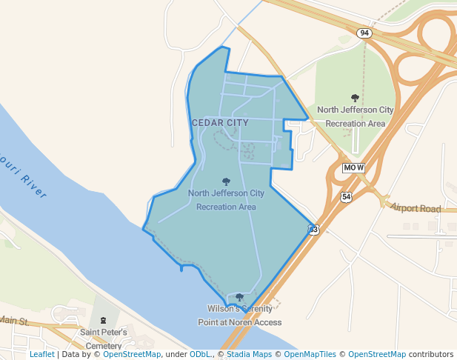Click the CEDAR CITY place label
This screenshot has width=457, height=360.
[x=220, y=122]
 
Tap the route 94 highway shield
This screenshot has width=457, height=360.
[x=363, y=33]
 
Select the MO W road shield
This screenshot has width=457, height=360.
[x=354, y=167]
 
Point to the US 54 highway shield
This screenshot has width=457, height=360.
[x=346, y=197]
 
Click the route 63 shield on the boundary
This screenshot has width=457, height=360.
[x=313, y=230]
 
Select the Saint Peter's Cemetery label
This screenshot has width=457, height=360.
[x=104, y=339]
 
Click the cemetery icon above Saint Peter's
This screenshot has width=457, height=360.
[x=104, y=321]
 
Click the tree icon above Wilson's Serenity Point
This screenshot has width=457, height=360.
[x=239, y=298]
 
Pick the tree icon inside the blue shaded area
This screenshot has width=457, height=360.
[x=226, y=181]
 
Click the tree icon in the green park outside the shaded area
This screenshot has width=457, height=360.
[x=355, y=98]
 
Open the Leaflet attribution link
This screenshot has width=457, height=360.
[x=42, y=355]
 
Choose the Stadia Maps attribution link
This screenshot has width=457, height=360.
[x=249, y=355]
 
